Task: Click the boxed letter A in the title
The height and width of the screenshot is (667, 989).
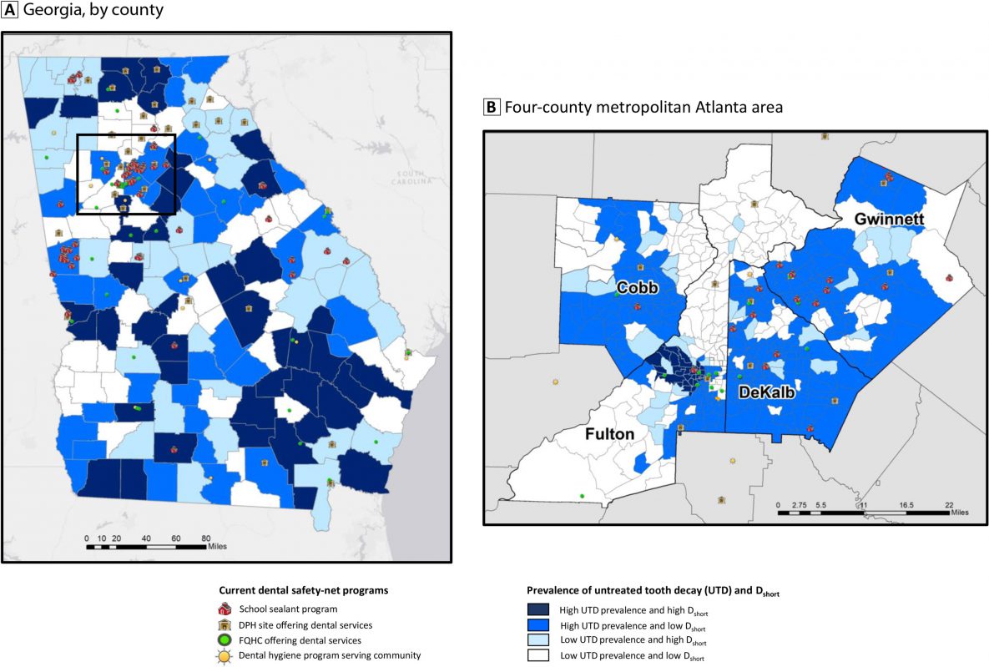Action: coord(9,11)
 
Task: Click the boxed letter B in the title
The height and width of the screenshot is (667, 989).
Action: coord(492,107)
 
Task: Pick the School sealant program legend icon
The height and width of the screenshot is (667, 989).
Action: coord(225,609)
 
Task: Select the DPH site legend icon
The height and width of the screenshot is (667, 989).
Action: coord(225,625)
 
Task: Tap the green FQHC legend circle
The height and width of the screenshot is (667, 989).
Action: coord(225,640)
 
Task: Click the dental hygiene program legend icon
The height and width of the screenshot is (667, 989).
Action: coord(225,655)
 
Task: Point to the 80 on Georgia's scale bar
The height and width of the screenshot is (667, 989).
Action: coord(205,538)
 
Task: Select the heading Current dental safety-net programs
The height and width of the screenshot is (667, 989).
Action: coord(304,590)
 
